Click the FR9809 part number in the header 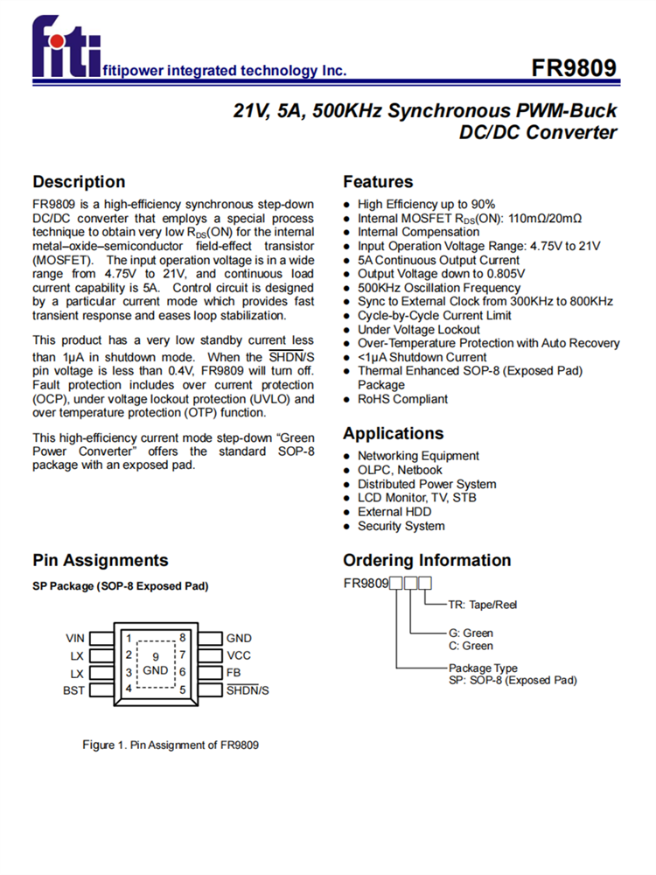click(x=574, y=69)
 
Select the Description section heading click(x=79, y=182)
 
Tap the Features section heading click(x=378, y=182)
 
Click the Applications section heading click(x=393, y=433)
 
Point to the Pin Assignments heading click(x=100, y=560)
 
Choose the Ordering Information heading click(x=427, y=560)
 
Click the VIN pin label click(x=75, y=638)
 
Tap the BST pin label click(x=74, y=690)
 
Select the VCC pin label click(x=239, y=655)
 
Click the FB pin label click(x=234, y=673)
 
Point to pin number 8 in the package click(x=182, y=638)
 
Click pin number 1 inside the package click(x=128, y=638)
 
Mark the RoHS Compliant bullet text click(x=402, y=399)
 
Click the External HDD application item click(x=394, y=512)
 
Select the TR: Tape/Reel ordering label click(x=482, y=605)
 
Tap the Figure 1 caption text click(x=171, y=745)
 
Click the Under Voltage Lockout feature click(x=418, y=330)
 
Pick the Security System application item click(x=401, y=526)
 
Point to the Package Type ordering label click(x=483, y=668)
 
